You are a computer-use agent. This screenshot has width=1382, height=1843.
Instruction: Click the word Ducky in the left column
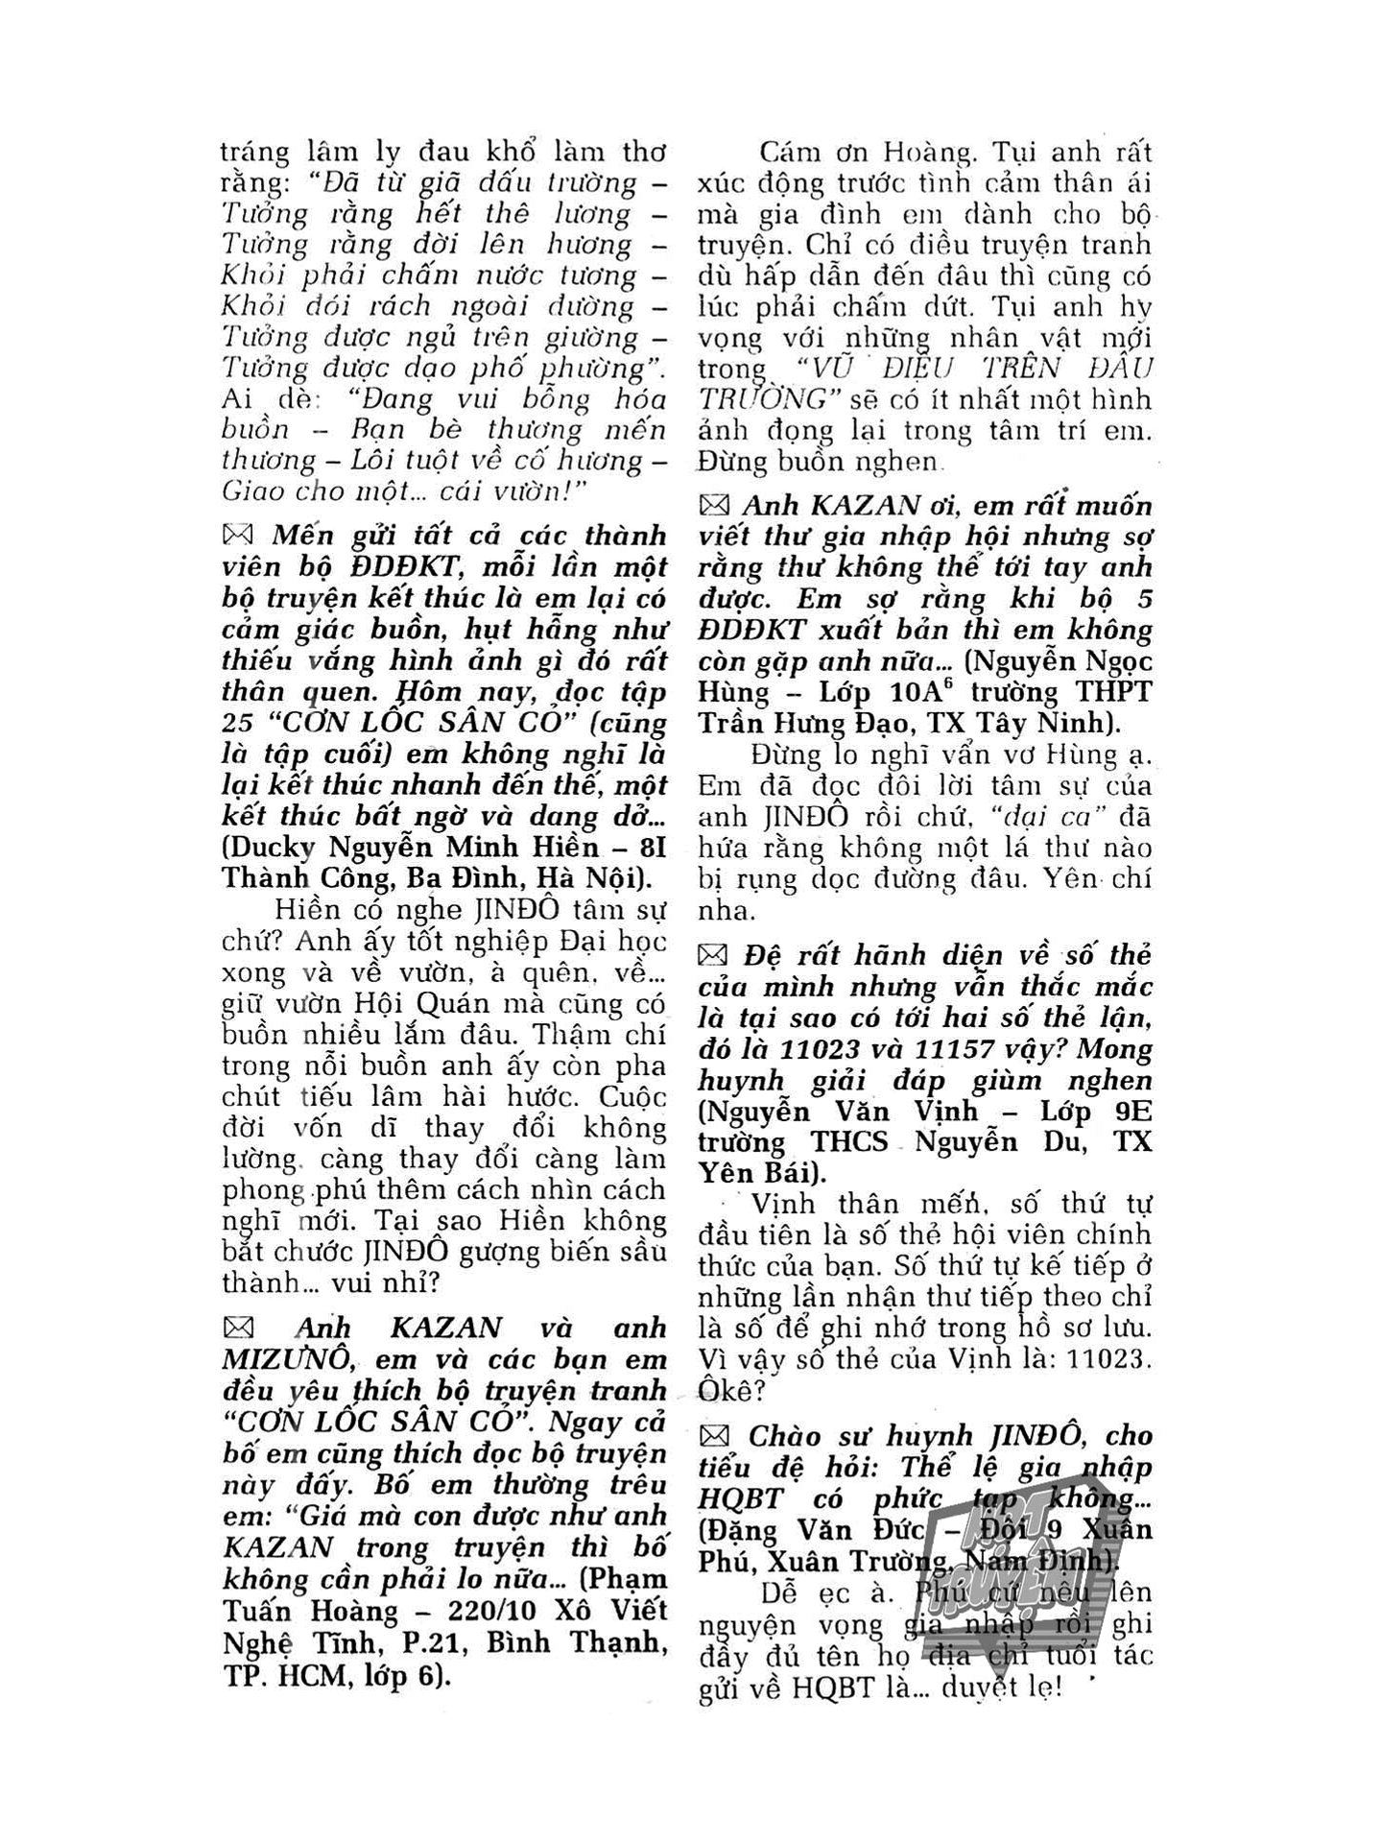click(273, 849)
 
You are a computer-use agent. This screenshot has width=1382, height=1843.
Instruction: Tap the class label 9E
click(1128, 1112)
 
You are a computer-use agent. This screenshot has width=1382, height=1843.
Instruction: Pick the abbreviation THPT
click(1109, 692)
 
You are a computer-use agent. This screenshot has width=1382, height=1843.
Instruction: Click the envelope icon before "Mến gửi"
click(237, 535)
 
